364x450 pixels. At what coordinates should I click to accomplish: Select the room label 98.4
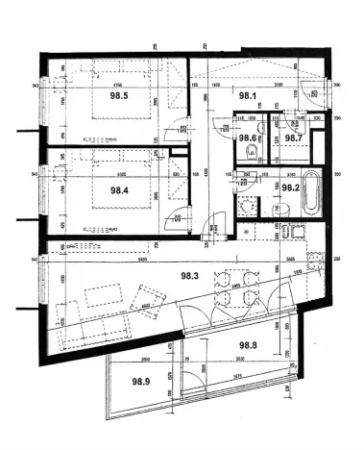(119, 189)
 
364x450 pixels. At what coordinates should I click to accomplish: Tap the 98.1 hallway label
(248, 96)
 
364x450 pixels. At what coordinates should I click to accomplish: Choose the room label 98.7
(294, 137)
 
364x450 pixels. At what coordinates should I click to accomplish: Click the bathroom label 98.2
(292, 188)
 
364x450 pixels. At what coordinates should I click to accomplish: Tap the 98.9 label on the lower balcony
(141, 382)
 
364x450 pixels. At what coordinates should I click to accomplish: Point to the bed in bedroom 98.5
(120, 96)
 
